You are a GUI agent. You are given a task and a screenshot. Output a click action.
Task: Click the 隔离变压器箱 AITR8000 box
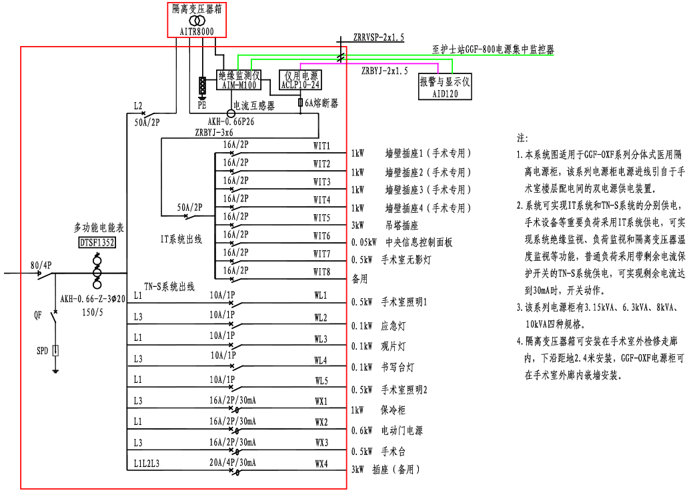[x=193, y=20]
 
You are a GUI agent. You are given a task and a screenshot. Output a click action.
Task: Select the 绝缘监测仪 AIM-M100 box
[x=239, y=80]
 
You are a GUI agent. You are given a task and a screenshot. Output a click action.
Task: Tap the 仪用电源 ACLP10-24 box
[x=300, y=80]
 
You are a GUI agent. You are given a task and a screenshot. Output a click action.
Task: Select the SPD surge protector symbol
[x=56, y=350]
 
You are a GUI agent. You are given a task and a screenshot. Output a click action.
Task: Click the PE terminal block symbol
[x=202, y=87]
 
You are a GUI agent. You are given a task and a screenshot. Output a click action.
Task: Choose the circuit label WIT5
[x=321, y=217]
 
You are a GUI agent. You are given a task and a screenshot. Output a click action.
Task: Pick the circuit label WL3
[x=321, y=339]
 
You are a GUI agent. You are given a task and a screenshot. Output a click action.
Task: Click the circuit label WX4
[x=321, y=462]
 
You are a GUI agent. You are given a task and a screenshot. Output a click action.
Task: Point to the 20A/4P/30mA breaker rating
[x=233, y=462]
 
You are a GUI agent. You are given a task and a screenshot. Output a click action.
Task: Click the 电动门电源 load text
[x=402, y=431]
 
